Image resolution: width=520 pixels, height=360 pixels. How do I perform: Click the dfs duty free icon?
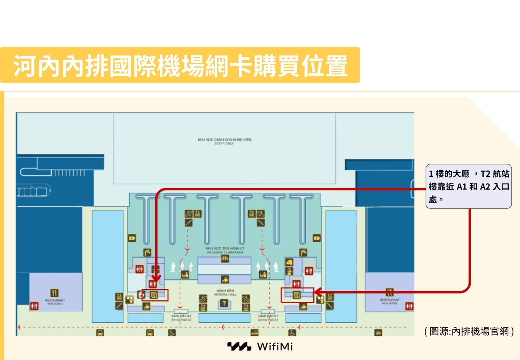point(225,258)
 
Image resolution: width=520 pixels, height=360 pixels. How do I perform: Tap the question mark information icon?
point(224,303)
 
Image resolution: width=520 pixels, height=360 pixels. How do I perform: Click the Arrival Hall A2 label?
point(181,318)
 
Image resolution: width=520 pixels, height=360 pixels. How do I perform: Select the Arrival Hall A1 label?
point(268,318)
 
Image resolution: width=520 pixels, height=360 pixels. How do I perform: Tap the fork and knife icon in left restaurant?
point(54,293)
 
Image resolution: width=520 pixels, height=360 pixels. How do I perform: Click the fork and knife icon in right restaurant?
point(390,292)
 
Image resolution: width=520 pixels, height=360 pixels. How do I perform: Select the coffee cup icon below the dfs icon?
point(225,279)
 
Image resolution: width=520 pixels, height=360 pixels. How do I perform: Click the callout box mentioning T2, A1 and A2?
point(468,186)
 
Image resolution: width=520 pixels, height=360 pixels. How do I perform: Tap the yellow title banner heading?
point(180,65)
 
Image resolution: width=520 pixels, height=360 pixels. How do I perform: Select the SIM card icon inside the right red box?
point(296,295)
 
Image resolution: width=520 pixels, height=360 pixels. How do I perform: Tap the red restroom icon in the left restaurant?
point(34,306)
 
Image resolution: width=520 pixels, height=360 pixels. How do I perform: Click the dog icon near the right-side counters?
point(289,262)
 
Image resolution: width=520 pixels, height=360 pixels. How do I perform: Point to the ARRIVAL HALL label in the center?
point(225,293)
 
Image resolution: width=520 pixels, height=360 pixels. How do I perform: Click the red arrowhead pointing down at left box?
point(156,278)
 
